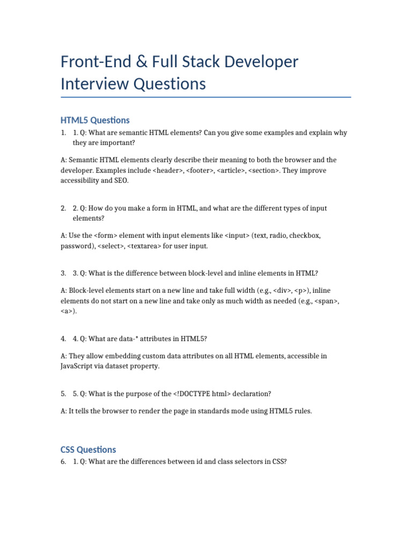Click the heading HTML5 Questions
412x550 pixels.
click(95, 120)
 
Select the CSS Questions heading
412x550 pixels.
click(88, 449)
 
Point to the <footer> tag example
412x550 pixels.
click(200, 170)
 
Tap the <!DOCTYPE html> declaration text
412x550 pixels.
click(202, 394)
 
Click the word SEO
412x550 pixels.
click(121, 180)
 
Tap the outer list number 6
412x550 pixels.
click(63, 461)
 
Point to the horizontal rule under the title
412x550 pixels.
click(206, 97)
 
